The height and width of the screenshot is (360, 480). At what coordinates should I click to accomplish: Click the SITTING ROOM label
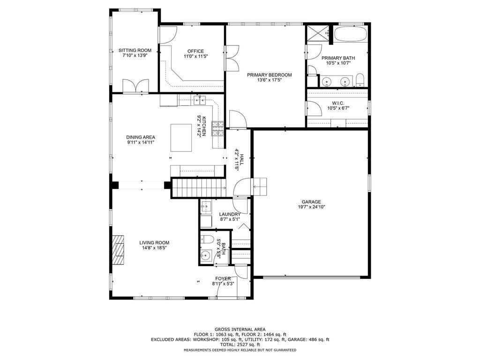(x=135, y=50)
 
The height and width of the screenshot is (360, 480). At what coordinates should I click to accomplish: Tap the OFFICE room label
(x=195, y=51)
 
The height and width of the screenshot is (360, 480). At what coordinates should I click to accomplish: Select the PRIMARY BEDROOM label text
(x=270, y=75)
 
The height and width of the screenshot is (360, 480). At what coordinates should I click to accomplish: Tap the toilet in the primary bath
(x=359, y=80)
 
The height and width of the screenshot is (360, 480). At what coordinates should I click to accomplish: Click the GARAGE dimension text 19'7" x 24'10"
(x=311, y=207)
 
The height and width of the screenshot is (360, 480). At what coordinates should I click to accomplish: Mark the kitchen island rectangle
(x=180, y=137)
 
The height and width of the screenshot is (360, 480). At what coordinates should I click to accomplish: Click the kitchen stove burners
(x=218, y=128)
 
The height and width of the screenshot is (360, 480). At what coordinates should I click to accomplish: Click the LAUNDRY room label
(x=230, y=214)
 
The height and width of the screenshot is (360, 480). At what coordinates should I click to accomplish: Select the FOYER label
(x=223, y=278)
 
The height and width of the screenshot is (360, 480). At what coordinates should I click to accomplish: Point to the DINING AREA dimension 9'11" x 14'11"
(x=140, y=142)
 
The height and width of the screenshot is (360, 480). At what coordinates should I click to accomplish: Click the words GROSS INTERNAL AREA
(x=240, y=330)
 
